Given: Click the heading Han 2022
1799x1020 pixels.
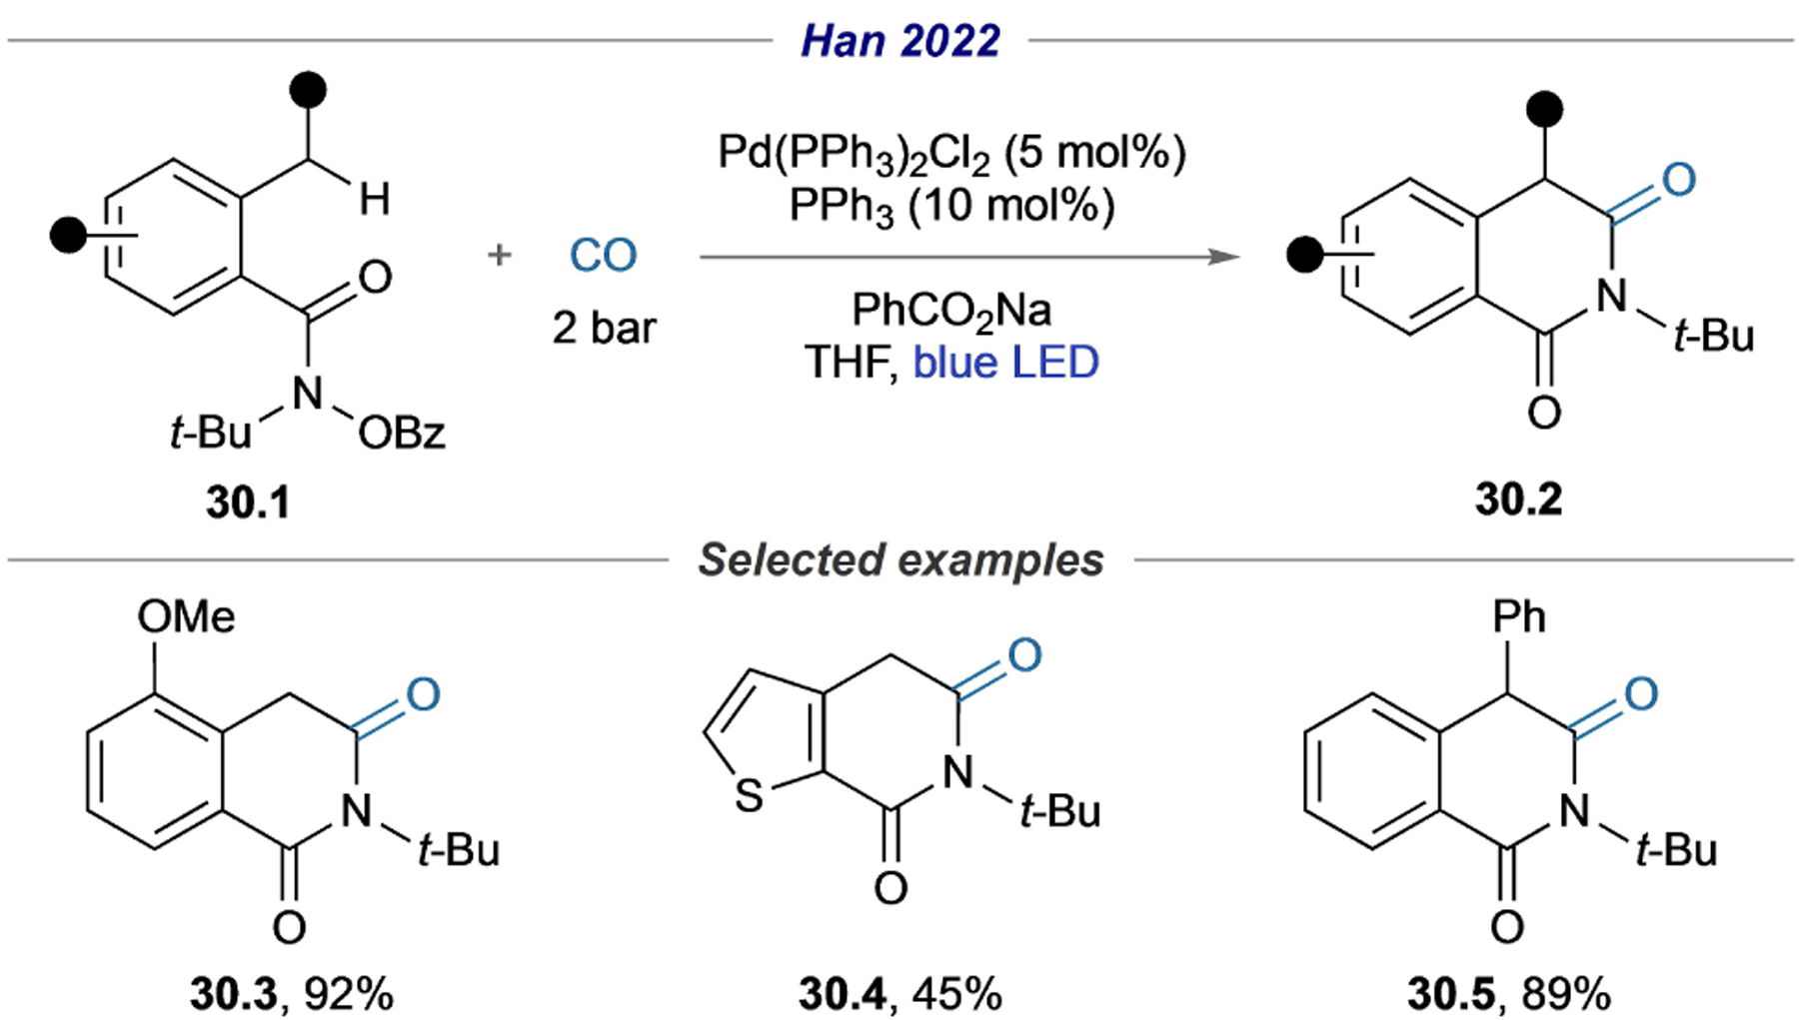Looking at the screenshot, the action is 899,41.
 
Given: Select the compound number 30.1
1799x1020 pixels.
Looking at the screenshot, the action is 248,502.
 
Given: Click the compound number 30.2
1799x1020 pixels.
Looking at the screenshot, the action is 1518,499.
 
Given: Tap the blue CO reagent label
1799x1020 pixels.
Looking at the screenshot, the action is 603,256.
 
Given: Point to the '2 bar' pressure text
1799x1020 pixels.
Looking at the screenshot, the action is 604,328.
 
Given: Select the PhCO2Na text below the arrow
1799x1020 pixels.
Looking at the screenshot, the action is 950,311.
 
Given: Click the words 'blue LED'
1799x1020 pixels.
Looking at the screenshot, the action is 1005,363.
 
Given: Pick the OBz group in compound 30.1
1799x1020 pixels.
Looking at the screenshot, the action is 402,434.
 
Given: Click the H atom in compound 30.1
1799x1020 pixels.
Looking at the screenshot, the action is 375,200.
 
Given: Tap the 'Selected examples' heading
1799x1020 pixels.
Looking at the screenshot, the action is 900,560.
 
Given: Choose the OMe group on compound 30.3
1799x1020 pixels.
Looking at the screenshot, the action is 186,616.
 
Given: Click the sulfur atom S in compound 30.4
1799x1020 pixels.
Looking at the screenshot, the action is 749,797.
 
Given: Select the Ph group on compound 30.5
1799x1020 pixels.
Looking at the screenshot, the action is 1518,617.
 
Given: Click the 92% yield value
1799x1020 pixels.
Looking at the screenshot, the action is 349,994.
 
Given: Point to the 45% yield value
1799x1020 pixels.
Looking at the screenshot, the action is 956,994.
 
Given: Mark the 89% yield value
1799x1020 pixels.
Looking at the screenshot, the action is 1566,994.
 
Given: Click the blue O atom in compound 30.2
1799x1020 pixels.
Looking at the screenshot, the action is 1679,180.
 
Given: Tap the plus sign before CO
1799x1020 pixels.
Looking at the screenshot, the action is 499,256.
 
